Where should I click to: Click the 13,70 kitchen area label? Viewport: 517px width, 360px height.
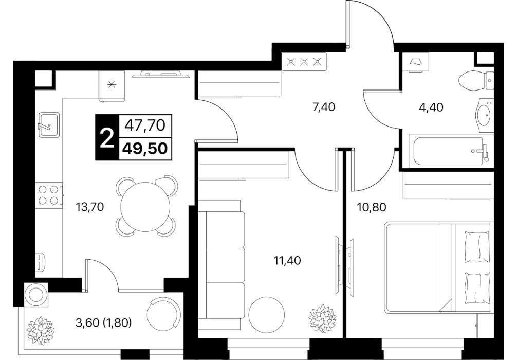[90, 207]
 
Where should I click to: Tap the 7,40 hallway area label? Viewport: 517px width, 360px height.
[323, 107]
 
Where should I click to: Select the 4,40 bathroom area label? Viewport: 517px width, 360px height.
[431, 107]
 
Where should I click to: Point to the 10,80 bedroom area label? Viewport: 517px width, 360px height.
[371, 207]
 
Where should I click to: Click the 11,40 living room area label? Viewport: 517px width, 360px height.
[287, 261]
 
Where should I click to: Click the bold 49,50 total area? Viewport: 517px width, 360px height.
[145, 149]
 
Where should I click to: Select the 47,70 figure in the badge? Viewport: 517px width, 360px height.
[145, 125]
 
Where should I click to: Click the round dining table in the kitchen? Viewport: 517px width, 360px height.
[145, 207]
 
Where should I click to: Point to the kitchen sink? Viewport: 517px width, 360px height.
[49, 124]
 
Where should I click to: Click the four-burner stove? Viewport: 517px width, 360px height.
[49, 195]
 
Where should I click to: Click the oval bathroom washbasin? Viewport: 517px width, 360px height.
[484, 115]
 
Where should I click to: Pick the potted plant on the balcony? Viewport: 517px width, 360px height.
[40, 331]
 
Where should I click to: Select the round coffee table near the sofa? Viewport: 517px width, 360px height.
[266, 314]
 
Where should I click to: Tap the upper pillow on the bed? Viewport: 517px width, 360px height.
[476, 246]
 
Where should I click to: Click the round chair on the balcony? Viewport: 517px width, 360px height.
[164, 312]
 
